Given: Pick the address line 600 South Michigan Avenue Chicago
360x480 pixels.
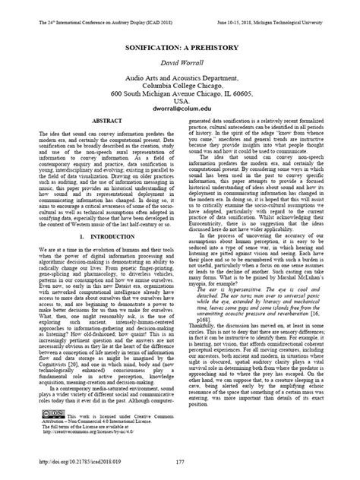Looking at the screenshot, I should pos(180,92).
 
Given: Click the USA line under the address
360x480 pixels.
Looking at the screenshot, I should pos(180,100).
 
